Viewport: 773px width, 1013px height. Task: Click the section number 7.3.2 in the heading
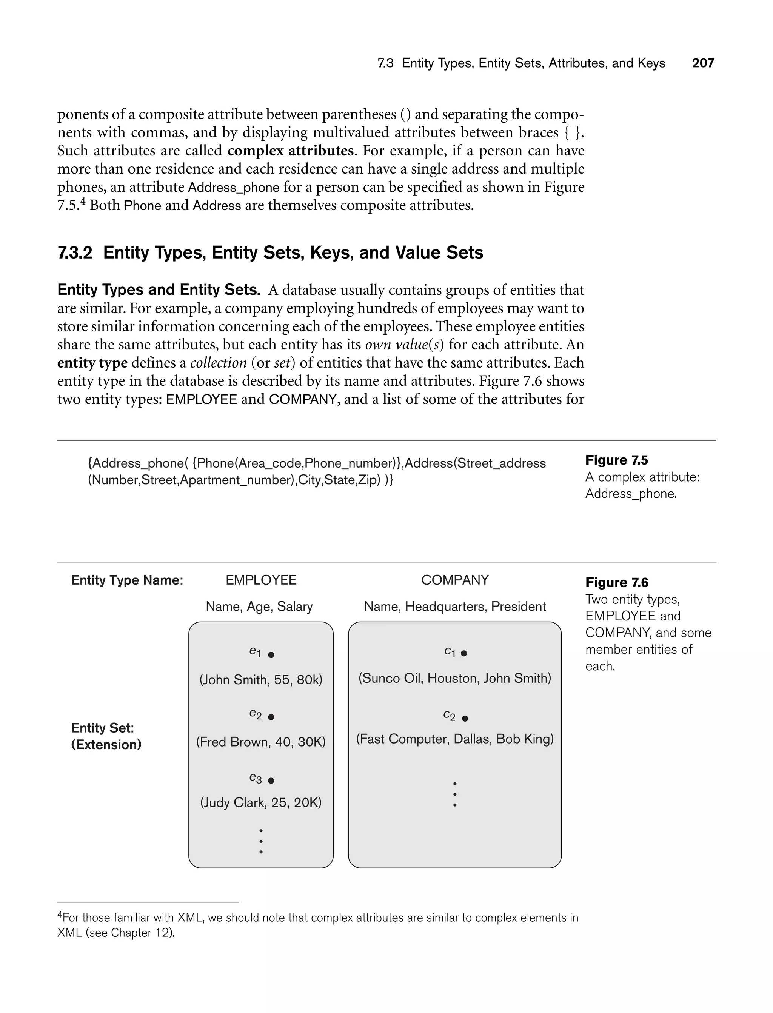coord(75,252)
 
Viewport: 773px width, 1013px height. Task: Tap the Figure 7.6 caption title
coord(617,582)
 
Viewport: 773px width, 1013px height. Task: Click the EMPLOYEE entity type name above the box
coord(261,580)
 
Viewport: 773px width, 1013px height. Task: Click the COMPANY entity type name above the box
coord(454,580)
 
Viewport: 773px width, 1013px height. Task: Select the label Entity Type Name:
coord(127,580)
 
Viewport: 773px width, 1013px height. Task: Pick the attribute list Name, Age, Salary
coord(259,606)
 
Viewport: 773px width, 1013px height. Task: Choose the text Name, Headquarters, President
coord(454,606)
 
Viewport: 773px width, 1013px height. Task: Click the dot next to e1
coord(271,654)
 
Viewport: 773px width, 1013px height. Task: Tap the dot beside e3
coord(271,780)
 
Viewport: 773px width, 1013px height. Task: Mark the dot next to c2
coord(465,718)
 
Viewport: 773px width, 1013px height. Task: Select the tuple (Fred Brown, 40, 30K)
coord(260,742)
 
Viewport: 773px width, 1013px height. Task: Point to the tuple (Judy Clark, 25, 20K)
coord(260,802)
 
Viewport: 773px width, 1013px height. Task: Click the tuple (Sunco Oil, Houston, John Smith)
coord(454,678)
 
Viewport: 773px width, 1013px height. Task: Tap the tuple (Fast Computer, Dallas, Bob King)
coord(454,739)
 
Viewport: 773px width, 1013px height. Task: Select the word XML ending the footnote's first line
coord(188,918)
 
